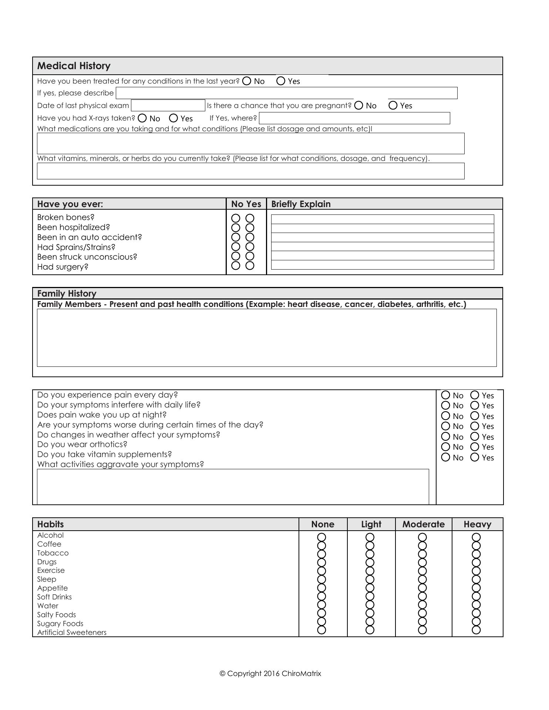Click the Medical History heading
pos(74,66)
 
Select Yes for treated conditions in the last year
pos(281,81)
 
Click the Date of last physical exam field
pos(168,105)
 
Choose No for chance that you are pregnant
pos(358,105)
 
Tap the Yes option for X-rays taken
pos(174,118)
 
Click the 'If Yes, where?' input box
pos(354,118)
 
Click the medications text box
pos(250,143)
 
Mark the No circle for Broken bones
pos(236,218)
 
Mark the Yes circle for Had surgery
pos(250,266)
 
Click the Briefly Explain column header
pos(301,204)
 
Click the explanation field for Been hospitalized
pos(382,228)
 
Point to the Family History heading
pos(67,294)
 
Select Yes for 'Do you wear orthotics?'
pos(475,447)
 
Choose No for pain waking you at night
pos(446,416)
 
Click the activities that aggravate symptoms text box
pos(233,487)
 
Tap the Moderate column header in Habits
pos(423,524)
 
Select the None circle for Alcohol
pos(322,537)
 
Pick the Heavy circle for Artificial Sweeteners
pos(476,630)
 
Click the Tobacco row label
pos(53,553)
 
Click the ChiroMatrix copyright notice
pos(270,673)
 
